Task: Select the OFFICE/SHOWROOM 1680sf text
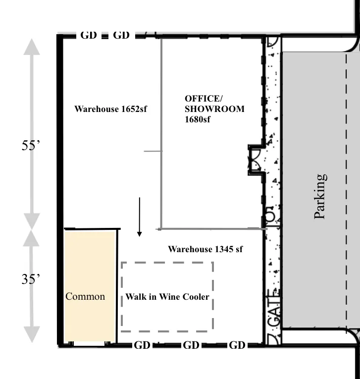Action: tap(214, 108)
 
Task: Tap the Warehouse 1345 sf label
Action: tap(205, 249)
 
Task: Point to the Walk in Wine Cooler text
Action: tap(167, 297)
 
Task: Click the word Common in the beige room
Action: tap(85, 296)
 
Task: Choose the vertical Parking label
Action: tap(320, 196)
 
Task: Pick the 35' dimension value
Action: tap(31, 279)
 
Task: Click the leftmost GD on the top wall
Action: tap(88, 35)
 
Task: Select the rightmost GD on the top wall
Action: tap(121, 35)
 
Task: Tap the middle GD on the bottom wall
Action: tap(191, 345)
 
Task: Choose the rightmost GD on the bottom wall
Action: tap(237, 345)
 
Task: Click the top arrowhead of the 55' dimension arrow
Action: tap(32, 47)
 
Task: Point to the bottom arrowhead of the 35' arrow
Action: tap(32, 334)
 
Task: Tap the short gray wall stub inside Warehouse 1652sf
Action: tap(152, 151)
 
